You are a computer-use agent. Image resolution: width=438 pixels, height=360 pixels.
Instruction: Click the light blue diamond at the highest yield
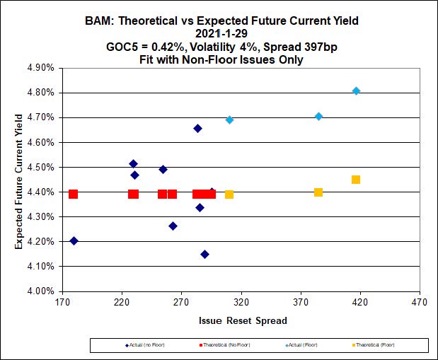click(x=356, y=91)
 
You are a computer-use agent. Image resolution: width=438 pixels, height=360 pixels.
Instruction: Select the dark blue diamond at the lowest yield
click(x=204, y=254)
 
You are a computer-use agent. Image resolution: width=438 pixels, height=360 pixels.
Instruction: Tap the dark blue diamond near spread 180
click(x=74, y=240)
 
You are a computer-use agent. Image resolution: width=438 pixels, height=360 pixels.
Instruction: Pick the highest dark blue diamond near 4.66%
click(x=197, y=128)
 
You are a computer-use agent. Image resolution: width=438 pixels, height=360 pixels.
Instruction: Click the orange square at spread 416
click(x=356, y=180)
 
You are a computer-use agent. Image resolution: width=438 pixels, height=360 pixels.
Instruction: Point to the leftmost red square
click(x=73, y=194)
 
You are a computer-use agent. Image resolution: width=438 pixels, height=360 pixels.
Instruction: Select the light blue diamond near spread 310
click(x=229, y=120)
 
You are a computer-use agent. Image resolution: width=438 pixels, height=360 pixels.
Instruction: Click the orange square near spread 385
click(x=318, y=192)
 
